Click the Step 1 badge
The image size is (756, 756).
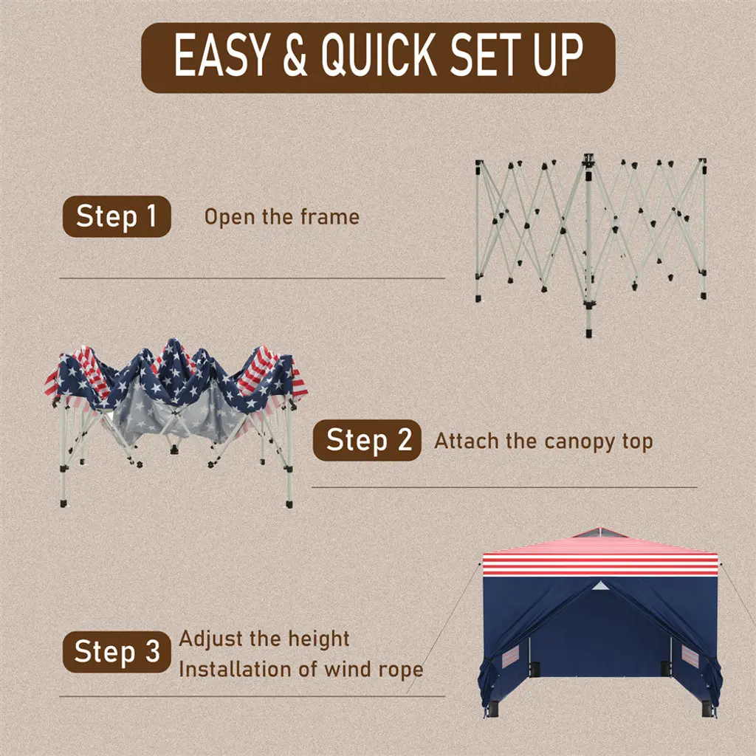117,216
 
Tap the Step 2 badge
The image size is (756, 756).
367,440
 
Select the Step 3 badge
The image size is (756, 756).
117,651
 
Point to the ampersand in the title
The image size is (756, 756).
295,55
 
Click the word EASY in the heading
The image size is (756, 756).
221,55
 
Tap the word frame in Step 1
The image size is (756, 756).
330,217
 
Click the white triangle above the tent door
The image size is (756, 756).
599,586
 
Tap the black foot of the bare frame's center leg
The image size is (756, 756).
588,333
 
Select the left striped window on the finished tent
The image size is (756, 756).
511,656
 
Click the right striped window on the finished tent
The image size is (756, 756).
690,656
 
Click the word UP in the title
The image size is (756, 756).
558,55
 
